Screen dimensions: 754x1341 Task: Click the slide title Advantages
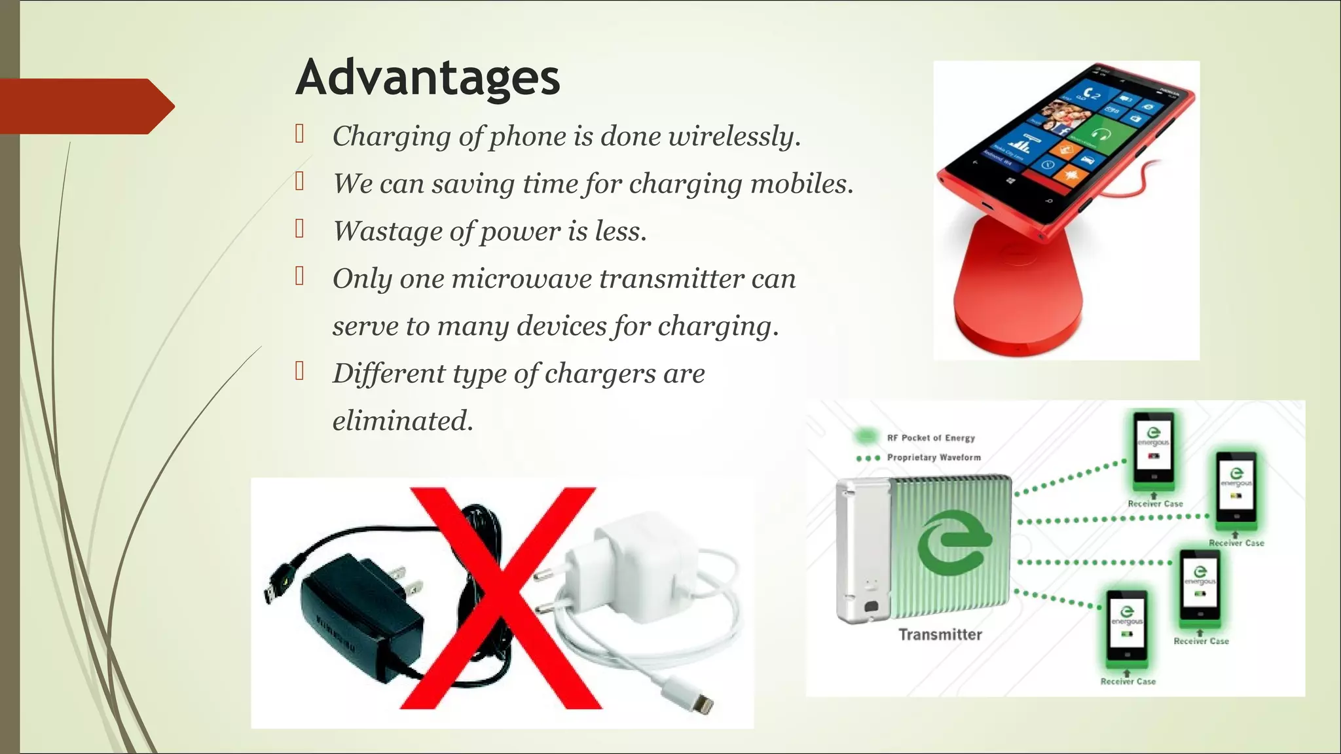[428, 78]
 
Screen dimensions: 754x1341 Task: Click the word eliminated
[402, 421]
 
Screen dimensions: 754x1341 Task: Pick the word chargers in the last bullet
[600, 374]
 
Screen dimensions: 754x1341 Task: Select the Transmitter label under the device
[940, 634]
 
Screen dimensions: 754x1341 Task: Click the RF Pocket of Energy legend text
[930, 438]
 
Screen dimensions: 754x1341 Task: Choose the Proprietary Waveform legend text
[934, 458]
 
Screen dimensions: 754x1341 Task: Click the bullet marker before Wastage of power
[300, 229]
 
